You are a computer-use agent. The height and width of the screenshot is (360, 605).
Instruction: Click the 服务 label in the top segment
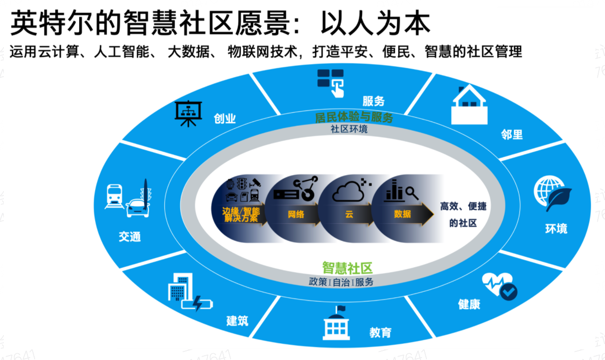[x=374, y=101]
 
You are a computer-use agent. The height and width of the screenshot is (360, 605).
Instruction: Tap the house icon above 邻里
[x=469, y=105]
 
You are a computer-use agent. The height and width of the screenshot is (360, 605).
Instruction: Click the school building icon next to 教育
[x=337, y=323]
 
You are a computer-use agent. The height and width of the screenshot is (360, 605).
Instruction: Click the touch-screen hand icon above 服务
[x=330, y=82]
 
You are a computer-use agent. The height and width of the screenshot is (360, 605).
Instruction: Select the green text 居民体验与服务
[x=354, y=118]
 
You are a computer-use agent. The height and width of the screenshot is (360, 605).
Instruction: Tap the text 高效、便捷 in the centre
[x=463, y=207]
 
